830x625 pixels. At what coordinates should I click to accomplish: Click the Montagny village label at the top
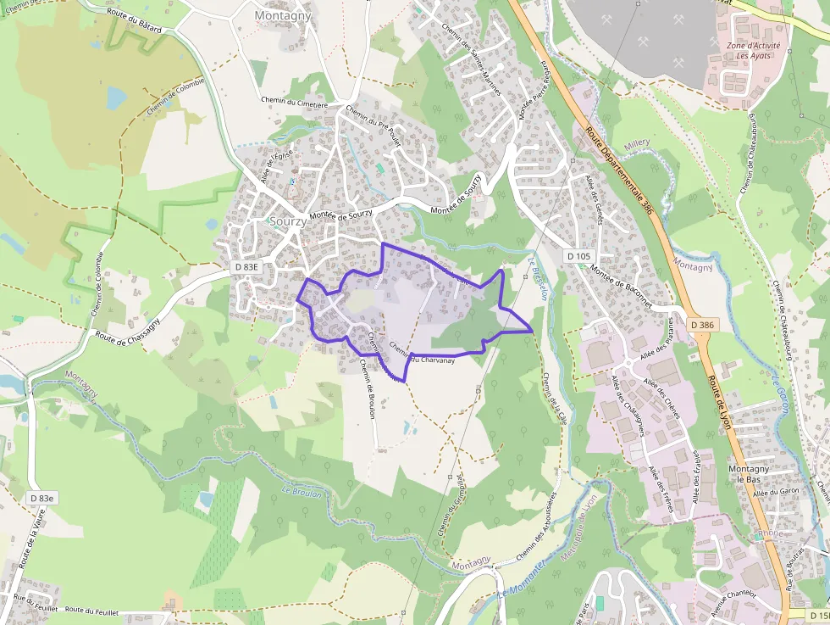coord(283,15)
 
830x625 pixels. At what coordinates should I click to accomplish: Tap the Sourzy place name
coord(288,221)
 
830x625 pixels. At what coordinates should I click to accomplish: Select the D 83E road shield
coord(246,266)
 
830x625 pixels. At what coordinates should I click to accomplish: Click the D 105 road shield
coord(579,256)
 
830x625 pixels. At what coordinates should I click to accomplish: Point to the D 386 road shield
coord(702,325)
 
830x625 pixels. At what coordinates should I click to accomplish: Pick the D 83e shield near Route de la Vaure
coord(41,498)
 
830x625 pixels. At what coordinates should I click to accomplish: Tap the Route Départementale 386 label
coord(619,170)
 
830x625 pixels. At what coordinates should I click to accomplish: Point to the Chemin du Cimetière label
coord(295,101)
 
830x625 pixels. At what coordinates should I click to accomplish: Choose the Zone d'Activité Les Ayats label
coord(753,50)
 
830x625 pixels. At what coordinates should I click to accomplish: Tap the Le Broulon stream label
coord(302,493)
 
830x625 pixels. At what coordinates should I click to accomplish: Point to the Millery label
coord(636,146)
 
